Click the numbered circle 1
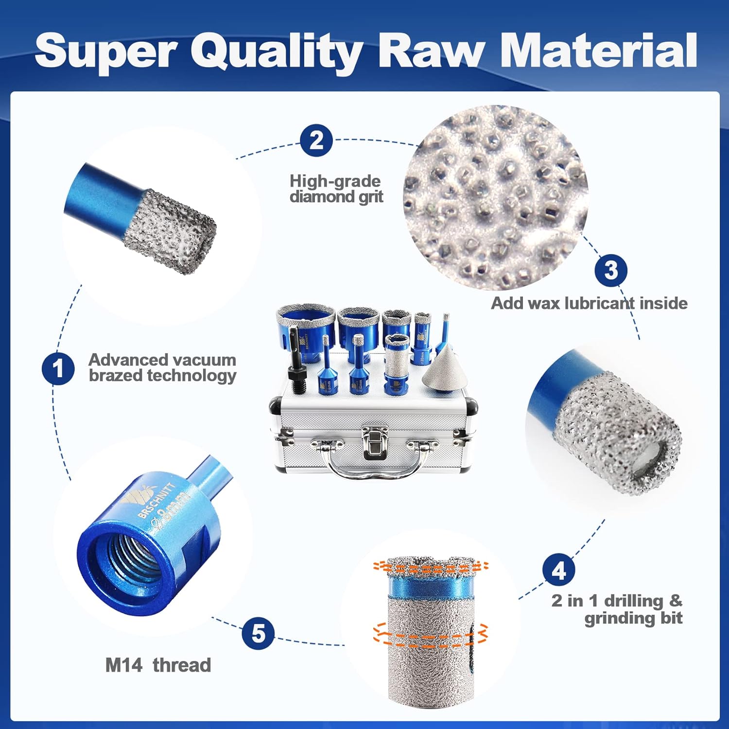point(58,368)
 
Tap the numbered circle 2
point(316,141)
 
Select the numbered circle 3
point(611,270)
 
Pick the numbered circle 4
point(559,570)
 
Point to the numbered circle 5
point(259,633)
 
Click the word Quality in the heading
point(277,52)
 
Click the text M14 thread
point(158,665)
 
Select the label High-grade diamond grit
point(336,189)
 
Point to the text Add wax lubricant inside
point(589,303)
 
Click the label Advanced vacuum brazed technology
point(162,367)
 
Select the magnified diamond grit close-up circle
point(496,197)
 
